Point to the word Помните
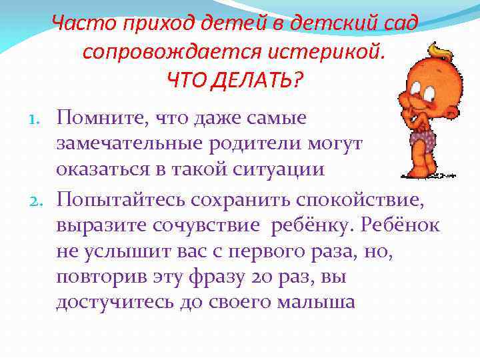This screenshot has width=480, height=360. (x=101, y=118)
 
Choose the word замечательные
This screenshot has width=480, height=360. (x=133, y=143)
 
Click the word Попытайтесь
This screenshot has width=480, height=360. (x=125, y=199)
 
